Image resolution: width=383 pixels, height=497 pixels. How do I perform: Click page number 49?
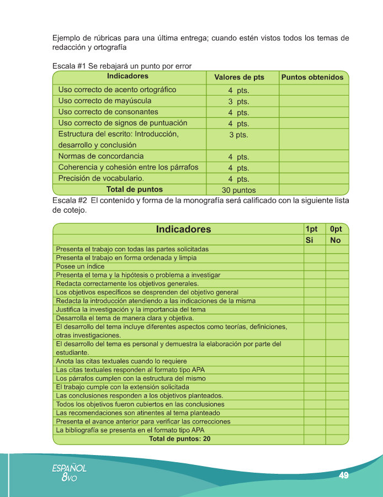click(343, 475)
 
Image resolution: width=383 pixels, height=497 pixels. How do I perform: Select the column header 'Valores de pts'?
click(239, 77)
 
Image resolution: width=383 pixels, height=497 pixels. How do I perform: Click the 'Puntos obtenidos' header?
click(312, 77)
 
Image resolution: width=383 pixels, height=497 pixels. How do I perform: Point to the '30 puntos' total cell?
click(239, 190)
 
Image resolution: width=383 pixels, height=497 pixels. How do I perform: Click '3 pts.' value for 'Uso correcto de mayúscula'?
click(238, 102)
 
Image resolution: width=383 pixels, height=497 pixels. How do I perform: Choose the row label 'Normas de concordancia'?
click(101, 156)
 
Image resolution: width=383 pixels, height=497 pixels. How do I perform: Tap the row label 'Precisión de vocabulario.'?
click(101, 178)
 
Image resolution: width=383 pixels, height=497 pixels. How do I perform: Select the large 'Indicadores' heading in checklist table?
click(183, 229)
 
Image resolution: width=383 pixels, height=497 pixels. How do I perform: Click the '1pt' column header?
click(311, 229)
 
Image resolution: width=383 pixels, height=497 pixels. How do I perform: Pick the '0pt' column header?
click(335, 229)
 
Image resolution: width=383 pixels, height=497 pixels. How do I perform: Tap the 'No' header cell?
click(335, 240)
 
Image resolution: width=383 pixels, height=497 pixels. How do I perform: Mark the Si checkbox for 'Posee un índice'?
click(314, 266)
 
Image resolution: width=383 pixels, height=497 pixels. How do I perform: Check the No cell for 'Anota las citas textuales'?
click(337, 361)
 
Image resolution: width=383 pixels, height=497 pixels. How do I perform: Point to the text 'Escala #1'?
click(69, 66)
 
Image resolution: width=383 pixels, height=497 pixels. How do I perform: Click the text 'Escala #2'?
click(69, 200)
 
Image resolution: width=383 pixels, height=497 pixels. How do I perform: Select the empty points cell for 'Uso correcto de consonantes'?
click(312, 112)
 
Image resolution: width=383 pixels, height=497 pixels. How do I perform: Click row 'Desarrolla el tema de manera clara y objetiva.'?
click(125, 318)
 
